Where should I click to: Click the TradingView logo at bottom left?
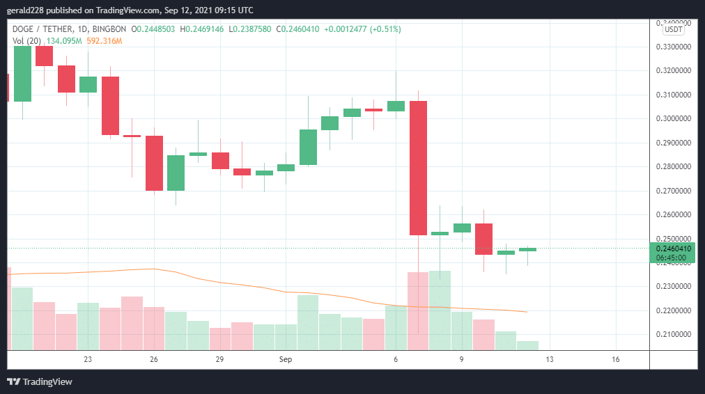click(40, 381)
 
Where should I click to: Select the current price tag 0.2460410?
click(673, 249)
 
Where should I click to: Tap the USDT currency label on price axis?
click(674, 29)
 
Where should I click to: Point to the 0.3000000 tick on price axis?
click(673, 118)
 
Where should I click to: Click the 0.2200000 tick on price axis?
click(673, 310)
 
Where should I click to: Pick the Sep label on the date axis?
click(285, 359)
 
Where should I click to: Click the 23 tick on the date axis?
click(88, 359)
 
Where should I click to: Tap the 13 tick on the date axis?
click(550, 359)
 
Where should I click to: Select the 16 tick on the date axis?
click(616, 359)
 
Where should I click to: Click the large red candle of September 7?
click(418, 168)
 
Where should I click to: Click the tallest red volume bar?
click(418, 310)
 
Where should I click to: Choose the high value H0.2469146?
click(201, 29)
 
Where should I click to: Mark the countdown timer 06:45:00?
click(672, 258)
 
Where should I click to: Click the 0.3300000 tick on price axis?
click(673, 47)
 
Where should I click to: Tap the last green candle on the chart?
click(527, 249)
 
